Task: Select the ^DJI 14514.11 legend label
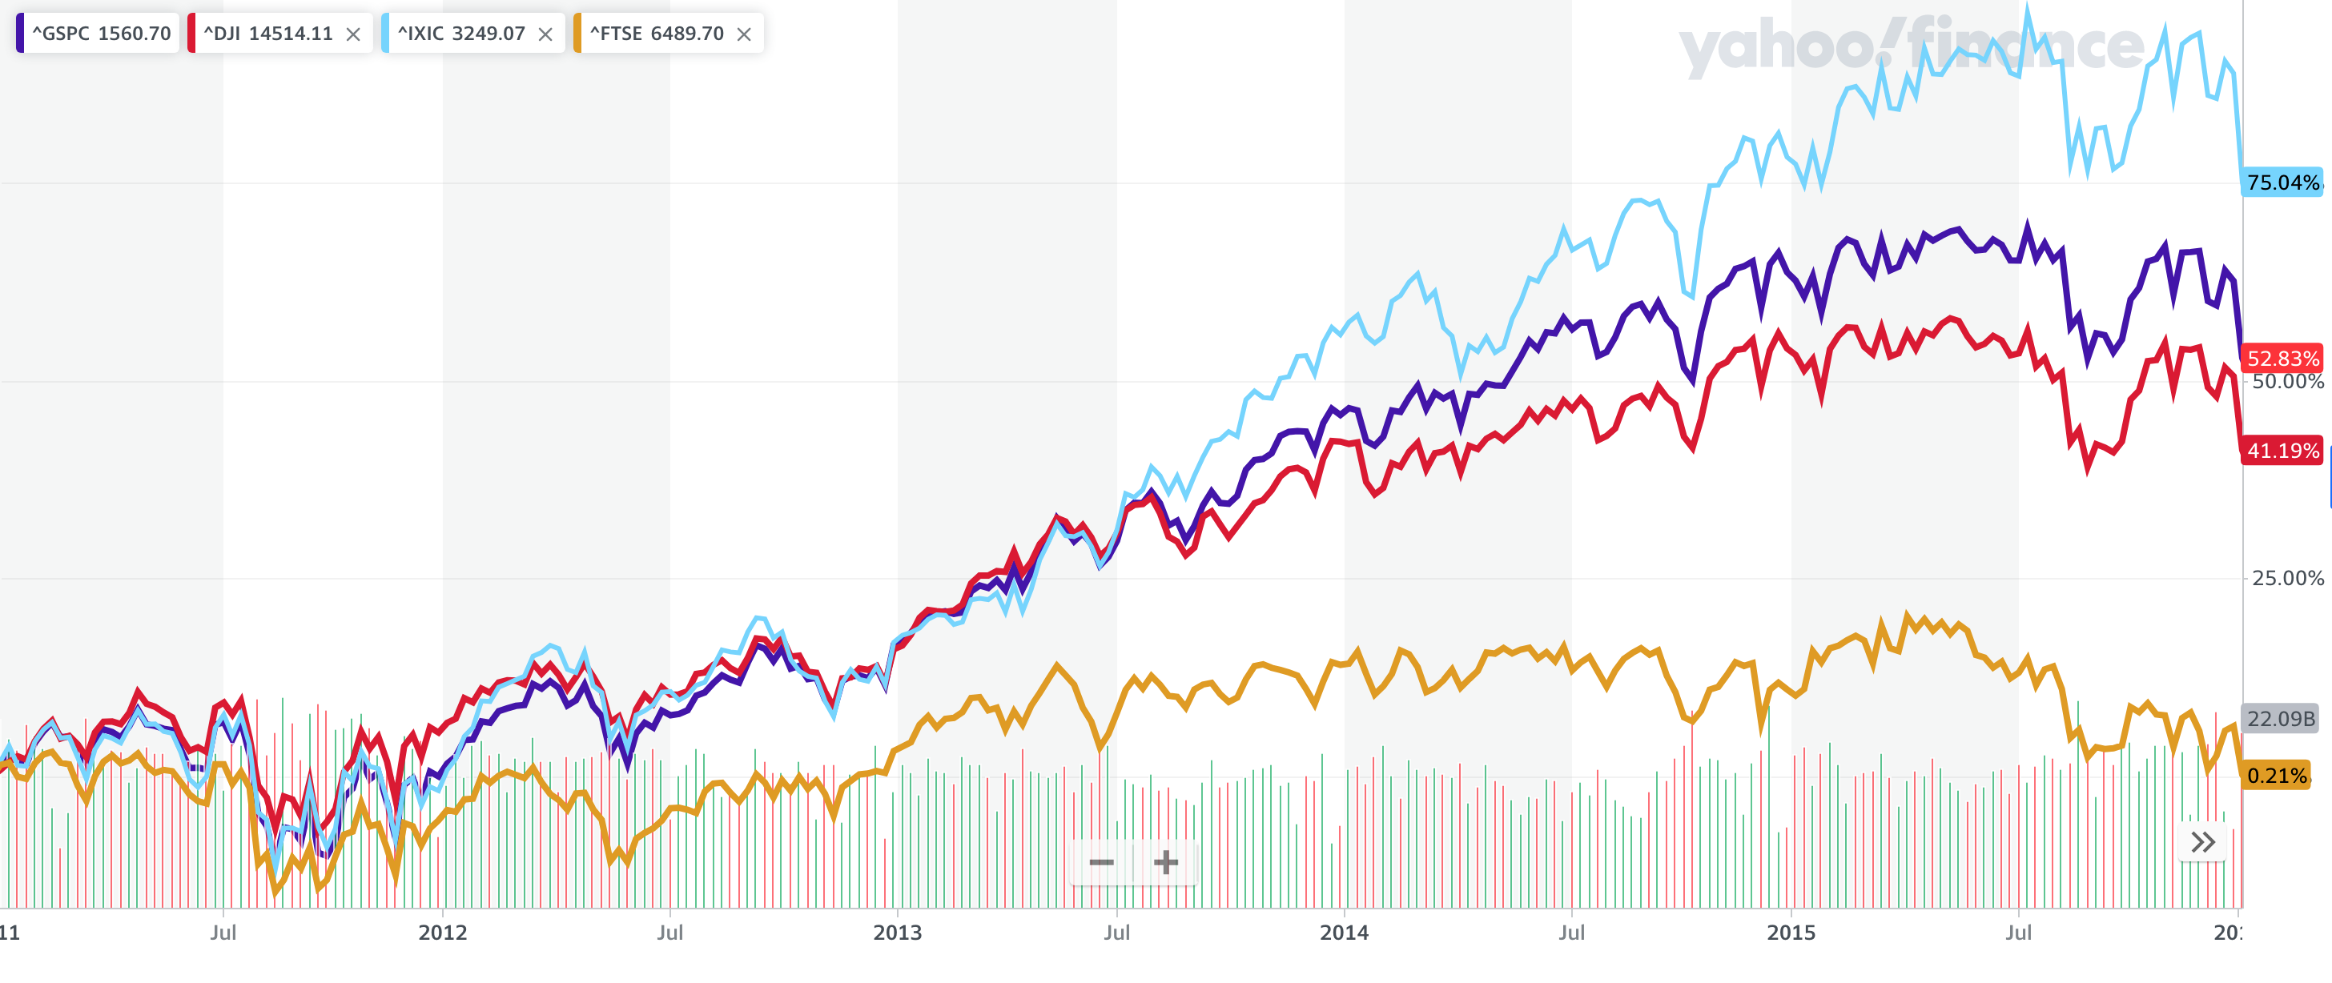coord(268,34)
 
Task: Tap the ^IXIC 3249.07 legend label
coord(460,34)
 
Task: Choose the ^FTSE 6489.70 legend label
coord(657,34)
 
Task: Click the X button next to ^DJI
coord(353,34)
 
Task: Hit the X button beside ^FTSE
coord(744,34)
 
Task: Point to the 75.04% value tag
coord(2282,183)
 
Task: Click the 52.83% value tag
coord(2282,359)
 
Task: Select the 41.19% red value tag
coord(2282,451)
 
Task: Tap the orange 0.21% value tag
coord(2276,776)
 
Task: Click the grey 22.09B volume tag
coord(2281,719)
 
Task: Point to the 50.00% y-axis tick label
coord(2286,381)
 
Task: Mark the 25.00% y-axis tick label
coord(2286,579)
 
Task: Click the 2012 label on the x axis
coord(443,933)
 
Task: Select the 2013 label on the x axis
coord(897,933)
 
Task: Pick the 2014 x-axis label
coord(1344,933)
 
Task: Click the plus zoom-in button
coord(1166,863)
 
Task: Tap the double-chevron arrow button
coord(2202,843)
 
